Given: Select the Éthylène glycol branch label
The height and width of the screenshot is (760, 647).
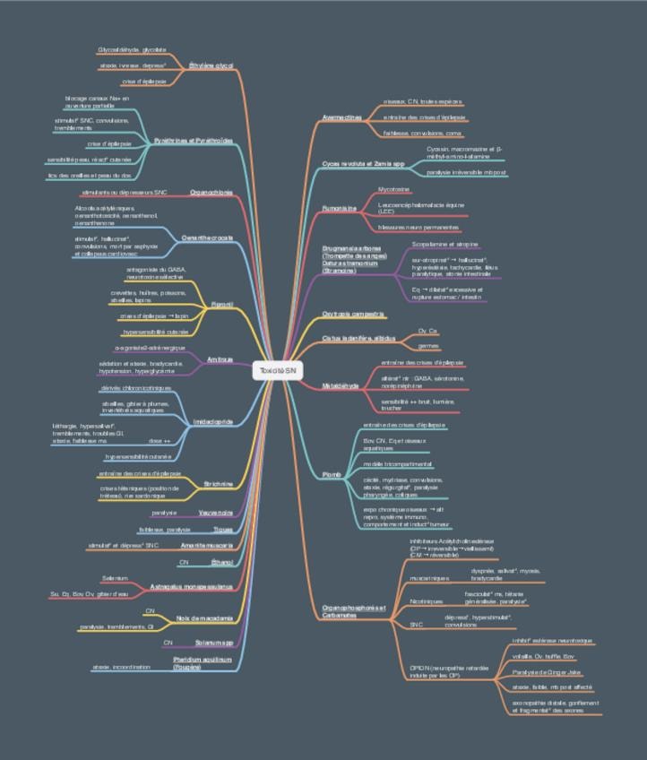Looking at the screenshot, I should click(x=211, y=66).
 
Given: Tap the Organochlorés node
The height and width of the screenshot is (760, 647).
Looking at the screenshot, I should click(x=211, y=192).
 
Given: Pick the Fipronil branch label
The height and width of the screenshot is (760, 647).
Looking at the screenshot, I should click(x=221, y=305).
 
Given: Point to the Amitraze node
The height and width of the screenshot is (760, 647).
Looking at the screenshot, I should click(x=220, y=359).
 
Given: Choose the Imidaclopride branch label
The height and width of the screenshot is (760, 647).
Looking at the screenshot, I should click(x=213, y=420).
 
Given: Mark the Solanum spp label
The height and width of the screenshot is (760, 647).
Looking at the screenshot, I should click(x=216, y=643).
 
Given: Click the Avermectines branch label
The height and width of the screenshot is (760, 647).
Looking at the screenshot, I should click(x=341, y=117).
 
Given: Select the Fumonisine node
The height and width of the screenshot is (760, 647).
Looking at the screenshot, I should click(x=340, y=208).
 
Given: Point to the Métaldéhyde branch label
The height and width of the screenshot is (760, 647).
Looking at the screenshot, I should click(x=341, y=385).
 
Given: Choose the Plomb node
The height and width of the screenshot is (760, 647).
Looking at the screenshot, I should click(x=332, y=474).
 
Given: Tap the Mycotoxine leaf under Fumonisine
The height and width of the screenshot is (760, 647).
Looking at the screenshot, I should click(x=394, y=190).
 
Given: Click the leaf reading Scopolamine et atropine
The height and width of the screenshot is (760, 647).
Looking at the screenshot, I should click(x=444, y=244).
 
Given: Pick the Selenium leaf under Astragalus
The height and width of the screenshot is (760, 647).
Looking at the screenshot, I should click(x=116, y=578).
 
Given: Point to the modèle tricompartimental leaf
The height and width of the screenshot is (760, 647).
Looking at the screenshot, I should click(x=398, y=464).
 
